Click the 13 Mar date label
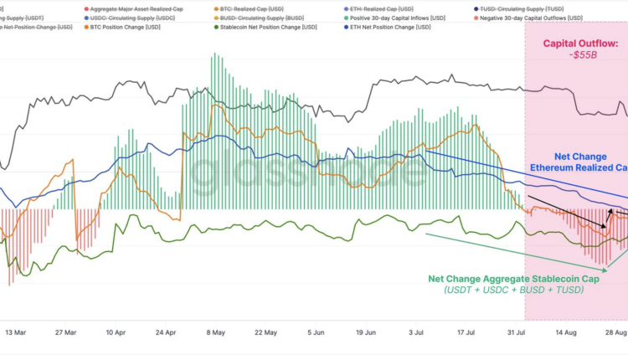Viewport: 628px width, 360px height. coord(15,332)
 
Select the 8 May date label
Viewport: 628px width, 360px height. coord(216,332)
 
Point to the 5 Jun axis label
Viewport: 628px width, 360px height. coord(317,332)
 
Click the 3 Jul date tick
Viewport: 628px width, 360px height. coord(416,332)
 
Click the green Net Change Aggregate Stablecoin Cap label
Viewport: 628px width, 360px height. coord(514,279)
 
